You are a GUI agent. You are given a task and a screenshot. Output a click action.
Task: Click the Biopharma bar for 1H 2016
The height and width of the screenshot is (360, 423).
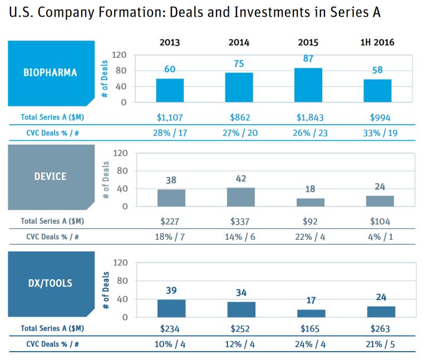click(377, 91)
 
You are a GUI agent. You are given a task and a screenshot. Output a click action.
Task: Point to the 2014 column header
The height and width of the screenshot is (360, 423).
click(239, 42)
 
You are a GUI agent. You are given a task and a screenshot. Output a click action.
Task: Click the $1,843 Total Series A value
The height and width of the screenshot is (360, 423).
click(308, 117)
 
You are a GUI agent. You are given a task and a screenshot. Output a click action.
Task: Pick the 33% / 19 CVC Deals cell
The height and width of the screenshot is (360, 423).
click(377, 132)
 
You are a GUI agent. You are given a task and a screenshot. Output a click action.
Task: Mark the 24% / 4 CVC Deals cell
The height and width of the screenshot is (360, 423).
click(308, 344)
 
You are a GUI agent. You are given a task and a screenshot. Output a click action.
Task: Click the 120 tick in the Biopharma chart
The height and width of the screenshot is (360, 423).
click(120, 55)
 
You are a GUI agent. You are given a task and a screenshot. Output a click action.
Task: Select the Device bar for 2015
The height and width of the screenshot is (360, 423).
click(308, 202)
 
